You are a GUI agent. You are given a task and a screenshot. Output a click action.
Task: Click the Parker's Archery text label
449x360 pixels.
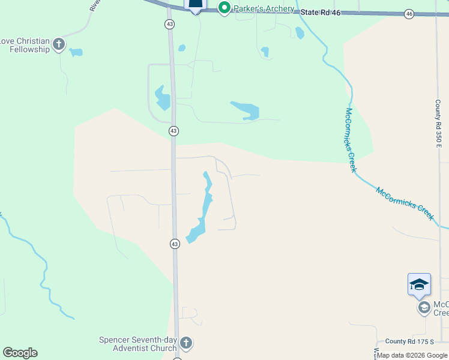tap(265, 8)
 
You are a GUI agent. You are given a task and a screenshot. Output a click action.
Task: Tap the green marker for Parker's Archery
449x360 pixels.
tap(224, 8)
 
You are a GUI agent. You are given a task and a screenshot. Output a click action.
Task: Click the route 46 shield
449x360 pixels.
tap(409, 14)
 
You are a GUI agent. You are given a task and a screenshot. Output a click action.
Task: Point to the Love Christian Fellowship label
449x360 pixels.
tap(25, 45)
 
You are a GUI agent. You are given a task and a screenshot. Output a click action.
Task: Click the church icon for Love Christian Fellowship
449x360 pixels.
tap(59, 44)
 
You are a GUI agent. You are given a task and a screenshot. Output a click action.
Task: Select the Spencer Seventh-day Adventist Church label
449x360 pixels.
tap(138, 344)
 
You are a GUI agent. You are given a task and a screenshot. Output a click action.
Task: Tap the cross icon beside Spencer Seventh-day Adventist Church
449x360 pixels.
tap(186, 343)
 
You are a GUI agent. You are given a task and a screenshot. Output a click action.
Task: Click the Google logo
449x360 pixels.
tap(20, 353)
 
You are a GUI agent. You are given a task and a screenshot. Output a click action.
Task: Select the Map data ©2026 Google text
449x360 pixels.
tap(412, 355)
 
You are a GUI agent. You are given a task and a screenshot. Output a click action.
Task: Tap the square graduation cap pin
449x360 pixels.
tap(419, 284)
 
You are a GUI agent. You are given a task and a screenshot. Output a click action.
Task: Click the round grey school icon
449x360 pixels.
tap(424, 308)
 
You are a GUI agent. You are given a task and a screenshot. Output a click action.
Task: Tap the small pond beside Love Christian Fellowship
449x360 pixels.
tap(76, 52)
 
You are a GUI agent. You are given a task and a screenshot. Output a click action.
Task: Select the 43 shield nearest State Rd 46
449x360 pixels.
tap(170, 23)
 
